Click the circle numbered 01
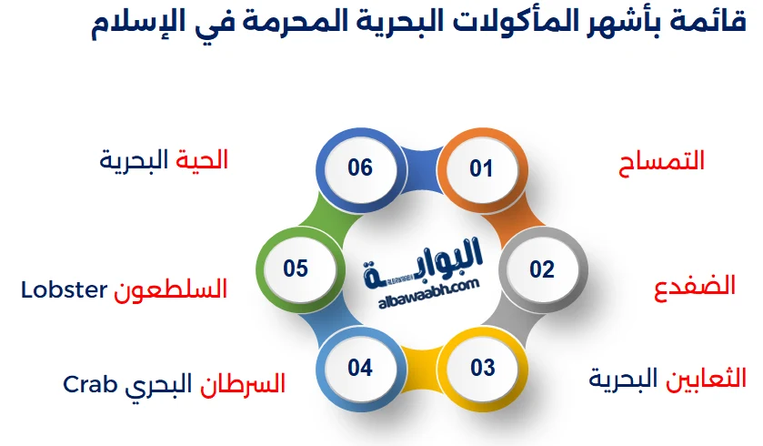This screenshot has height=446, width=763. [482, 169]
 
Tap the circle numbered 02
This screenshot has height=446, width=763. [543, 269]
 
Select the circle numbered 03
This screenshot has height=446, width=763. [482, 368]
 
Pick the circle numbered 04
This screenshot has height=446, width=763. [360, 368]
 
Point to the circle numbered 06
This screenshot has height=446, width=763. [360, 168]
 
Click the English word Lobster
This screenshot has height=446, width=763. [64, 290]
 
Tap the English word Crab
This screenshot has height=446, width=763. [90, 385]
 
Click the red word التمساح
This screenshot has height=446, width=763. [661, 162]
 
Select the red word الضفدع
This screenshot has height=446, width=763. [695, 287]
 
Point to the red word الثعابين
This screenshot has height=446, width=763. [706, 379]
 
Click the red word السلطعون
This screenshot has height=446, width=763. [170, 289]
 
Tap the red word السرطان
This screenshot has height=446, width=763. [242, 384]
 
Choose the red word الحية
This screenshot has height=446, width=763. [202, 160]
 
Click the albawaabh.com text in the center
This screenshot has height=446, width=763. [428, 294]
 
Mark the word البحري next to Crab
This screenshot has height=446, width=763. [158, 386]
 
